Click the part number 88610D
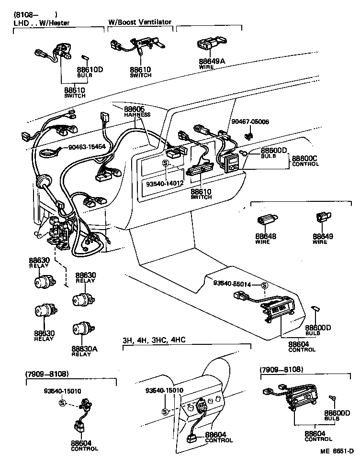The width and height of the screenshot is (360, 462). click(90, 69)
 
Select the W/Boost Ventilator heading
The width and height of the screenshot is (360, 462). click(139, 22)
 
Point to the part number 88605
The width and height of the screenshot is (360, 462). click(134, 109)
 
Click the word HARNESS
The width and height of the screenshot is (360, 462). click(137, 115)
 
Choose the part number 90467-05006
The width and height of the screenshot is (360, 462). click(250, 122)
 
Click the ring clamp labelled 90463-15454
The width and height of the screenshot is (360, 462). click(48, 154)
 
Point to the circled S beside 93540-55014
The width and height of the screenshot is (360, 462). click(264, 286)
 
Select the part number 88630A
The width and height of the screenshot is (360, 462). click(84, 349)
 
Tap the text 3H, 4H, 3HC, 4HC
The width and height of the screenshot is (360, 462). click(153, 340)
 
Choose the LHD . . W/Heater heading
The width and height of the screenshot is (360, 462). click(41, 22)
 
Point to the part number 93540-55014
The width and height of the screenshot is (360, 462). click(233, 283)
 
